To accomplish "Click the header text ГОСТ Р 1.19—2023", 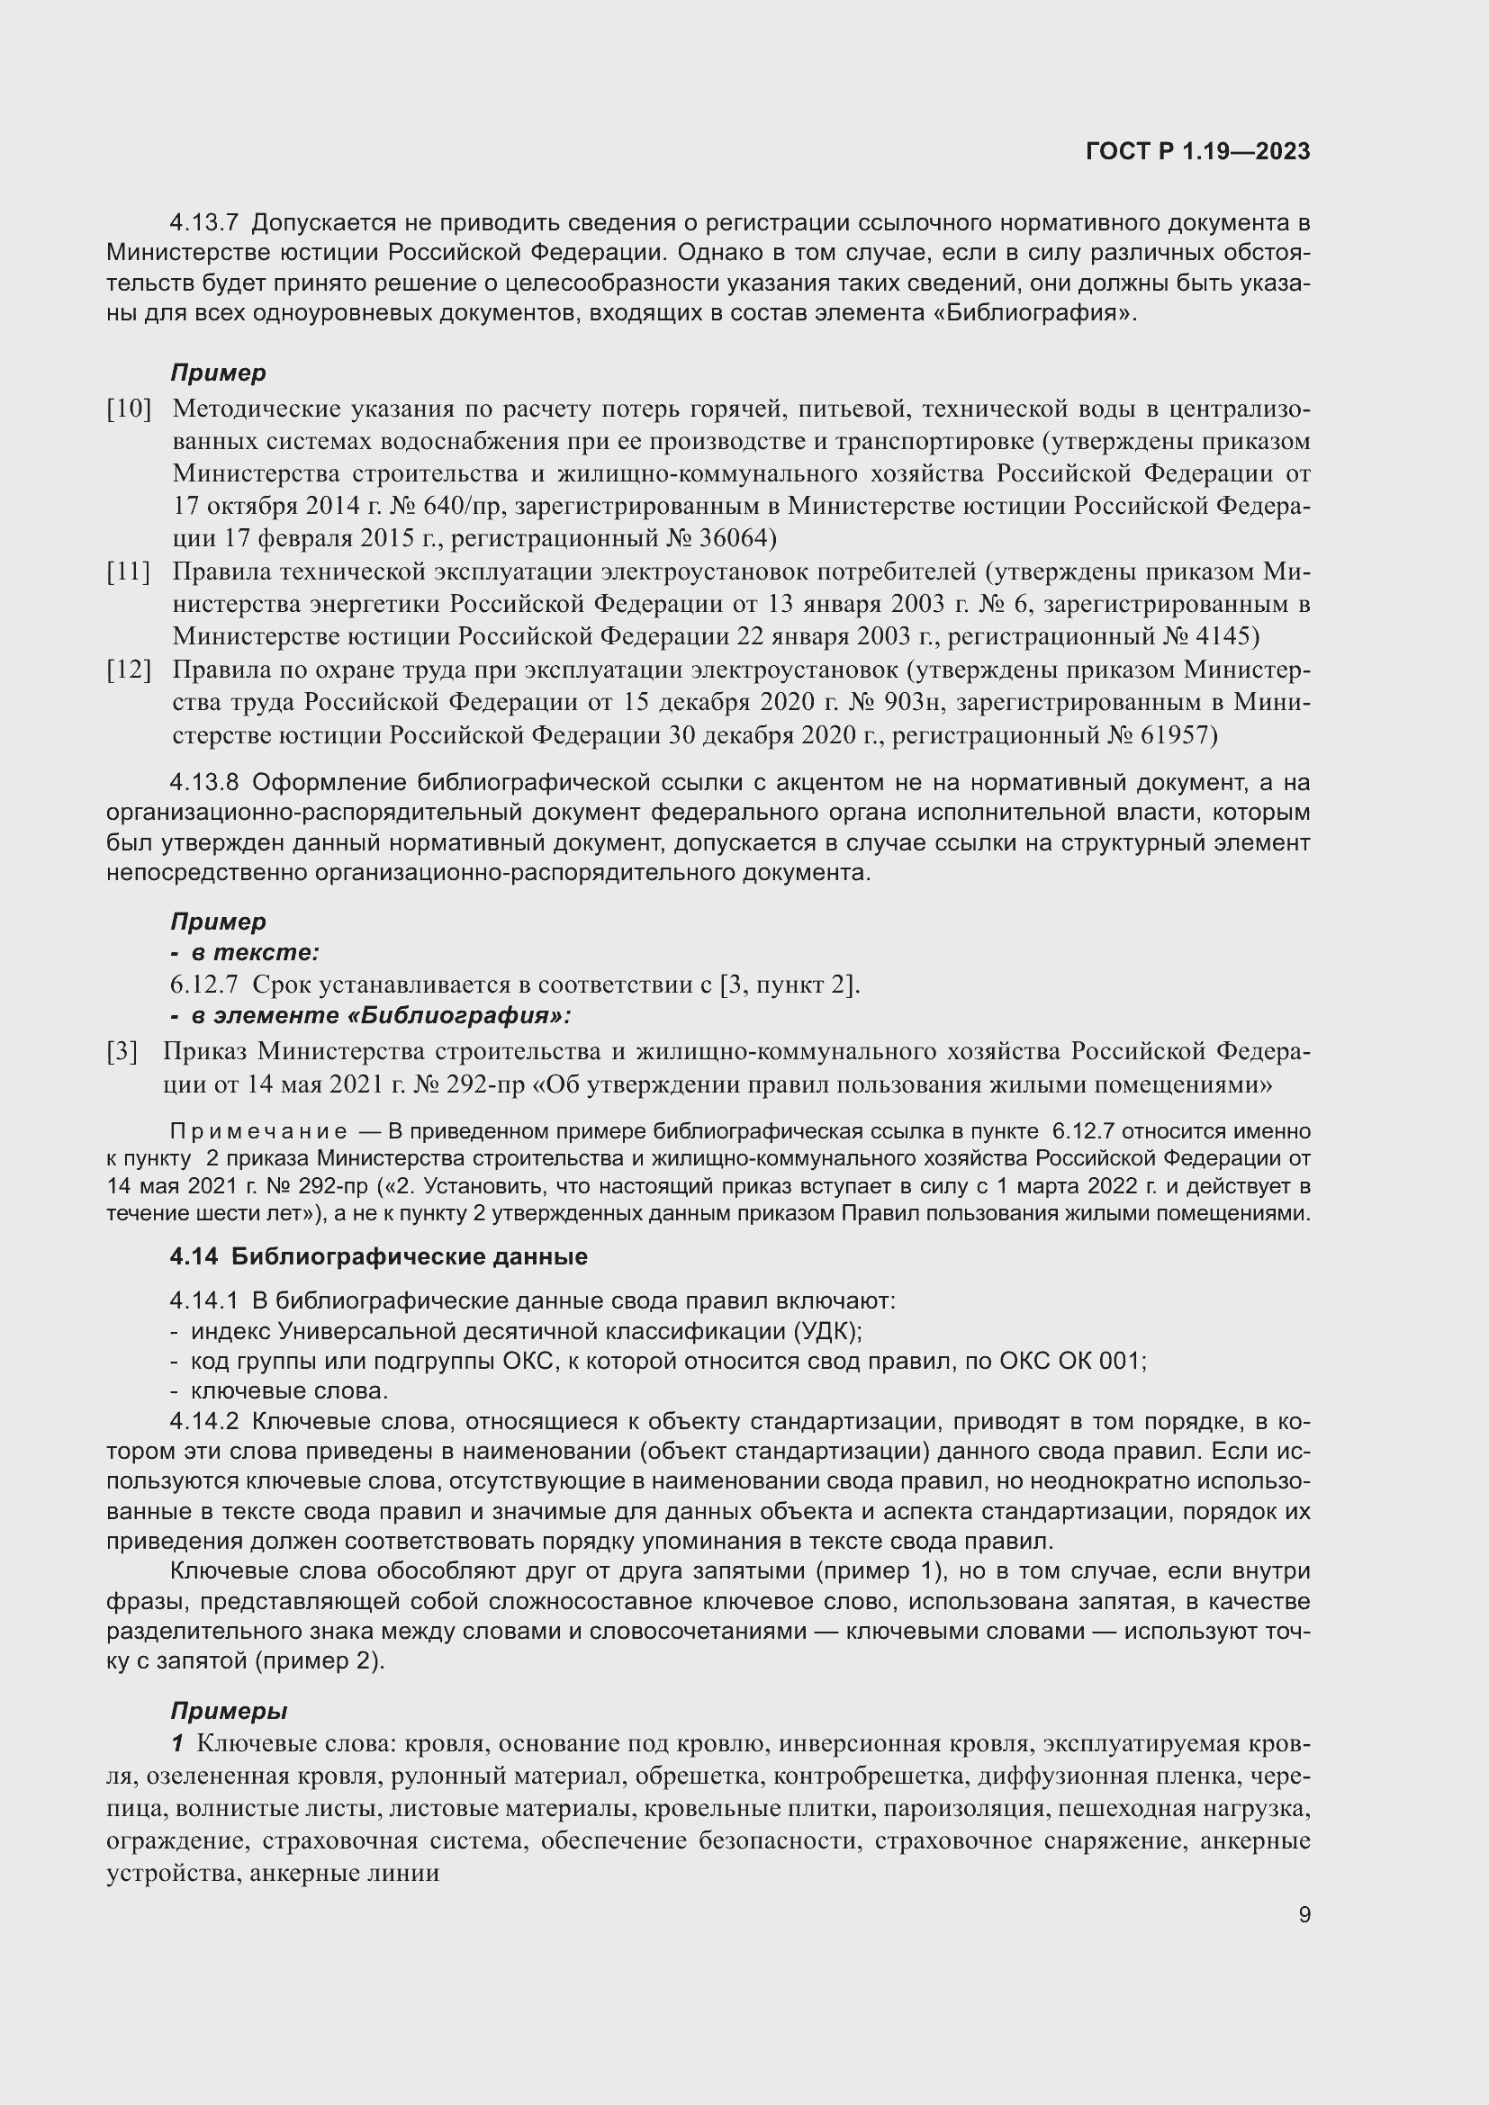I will coord(1197,151).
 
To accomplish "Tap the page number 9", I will coord(1304,1914).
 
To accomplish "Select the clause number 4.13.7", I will coord(203,223).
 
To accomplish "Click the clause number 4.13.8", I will coord(203,783).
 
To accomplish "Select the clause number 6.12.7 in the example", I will coord(203,985).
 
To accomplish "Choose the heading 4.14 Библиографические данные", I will coord(378,1256).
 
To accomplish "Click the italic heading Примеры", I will coord(230,1712).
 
